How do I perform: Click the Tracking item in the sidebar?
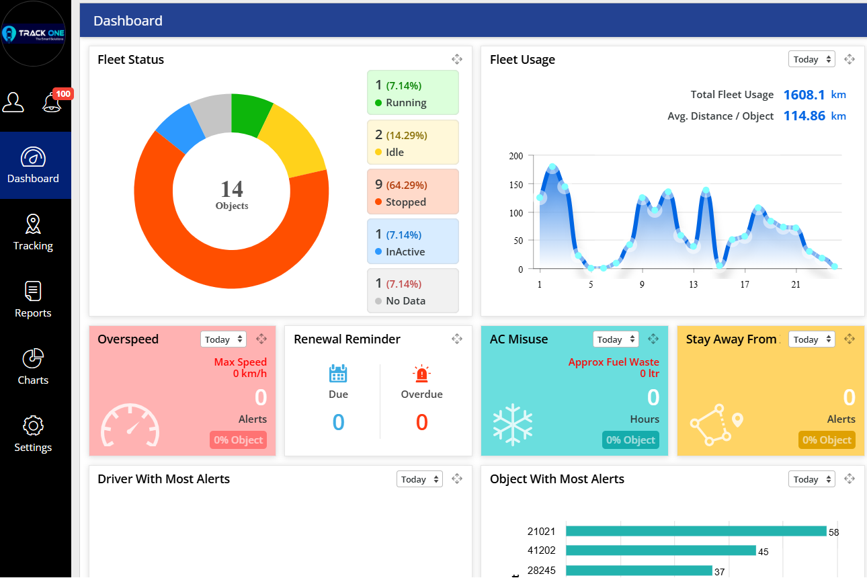click(x=33, y=233)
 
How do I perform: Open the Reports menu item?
click(x=33, y=300)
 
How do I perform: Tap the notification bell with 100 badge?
click(x=52, y=102)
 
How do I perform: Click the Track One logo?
click(x=34, y=34)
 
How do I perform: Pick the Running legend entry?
click(x=413, y=93)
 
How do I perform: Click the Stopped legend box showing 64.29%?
click(x=413, y=192)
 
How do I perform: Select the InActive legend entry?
click(x=413, y=241)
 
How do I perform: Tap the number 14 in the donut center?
click(x=232, y=188)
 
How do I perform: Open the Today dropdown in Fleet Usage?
click(x=811, y=59)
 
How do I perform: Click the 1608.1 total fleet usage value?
click(x=804, y=95)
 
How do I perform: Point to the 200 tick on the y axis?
click(x=516, y=156)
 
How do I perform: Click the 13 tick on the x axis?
click(x=693, y=284)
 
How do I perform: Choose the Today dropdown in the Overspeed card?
click(x=223, y=339)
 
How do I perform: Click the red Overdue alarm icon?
click(x=421, y=374)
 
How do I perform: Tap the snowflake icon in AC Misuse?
click(x=512, y=425)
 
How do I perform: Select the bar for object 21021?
click(x=696, y=531)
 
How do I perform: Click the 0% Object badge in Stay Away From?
click(x=827, y=440)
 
